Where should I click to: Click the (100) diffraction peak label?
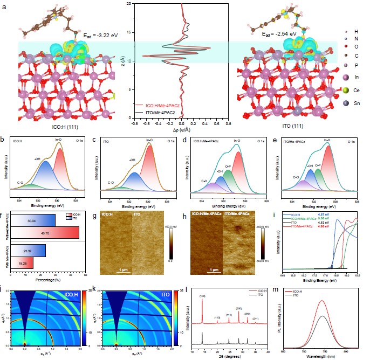coord(203,295)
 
